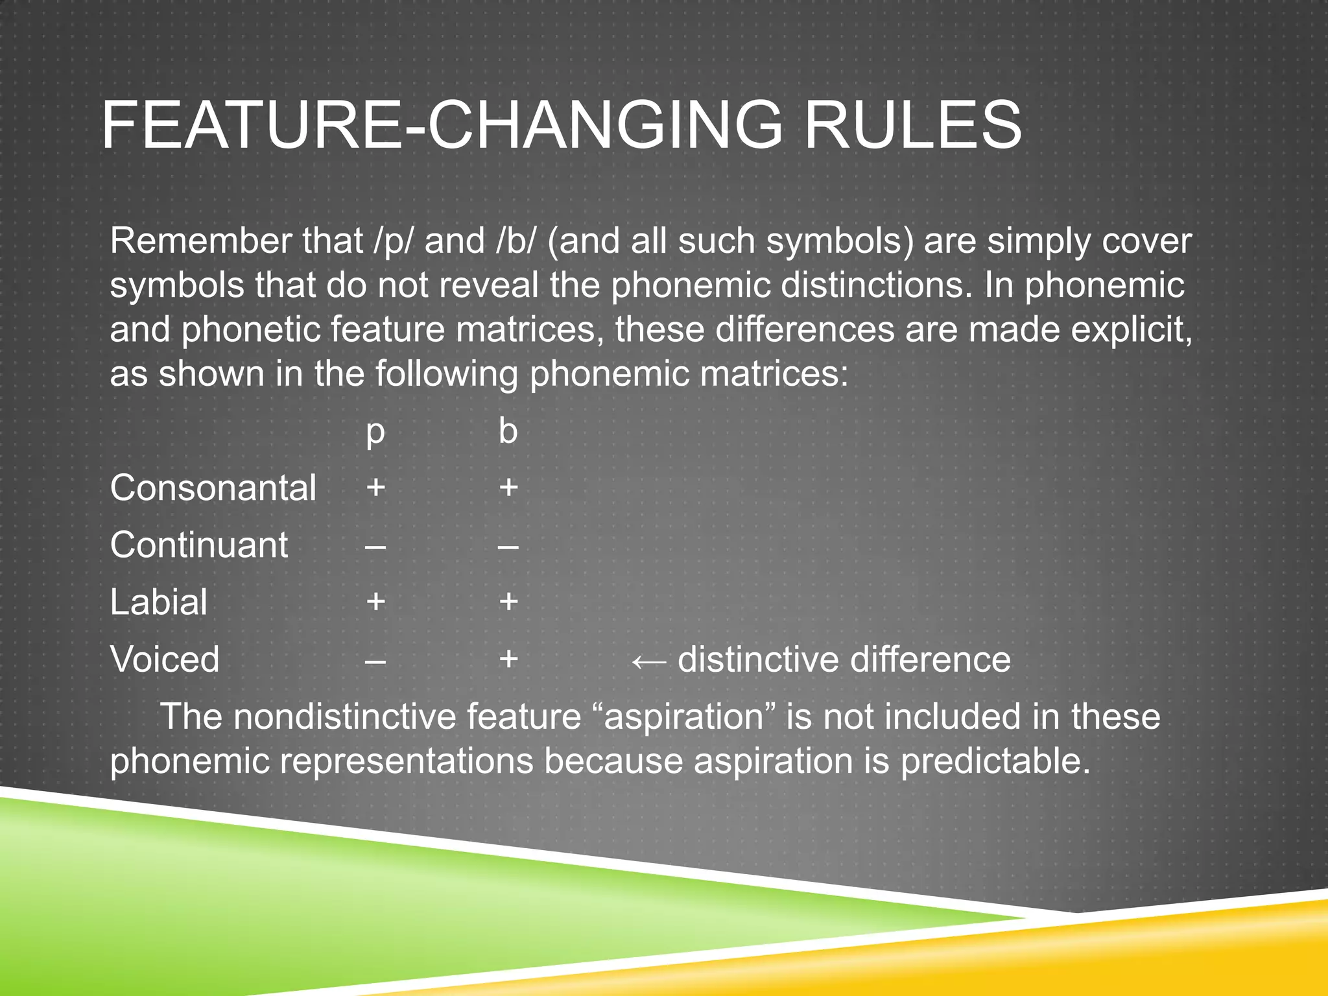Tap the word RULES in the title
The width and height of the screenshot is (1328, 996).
[912, 125]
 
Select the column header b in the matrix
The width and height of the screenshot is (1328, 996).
[508, 431]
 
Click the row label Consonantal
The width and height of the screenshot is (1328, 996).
[213, 488]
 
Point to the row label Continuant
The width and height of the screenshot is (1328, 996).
[198, 545]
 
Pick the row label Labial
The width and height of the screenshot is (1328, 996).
[158, 602]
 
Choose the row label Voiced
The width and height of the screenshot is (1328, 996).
[165, 659]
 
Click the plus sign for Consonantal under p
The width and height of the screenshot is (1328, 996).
[375, 487]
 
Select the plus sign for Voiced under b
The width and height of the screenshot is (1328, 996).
[508, 659]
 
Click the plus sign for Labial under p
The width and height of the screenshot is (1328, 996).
[375, 601]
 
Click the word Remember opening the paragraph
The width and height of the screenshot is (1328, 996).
[201, 241]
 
